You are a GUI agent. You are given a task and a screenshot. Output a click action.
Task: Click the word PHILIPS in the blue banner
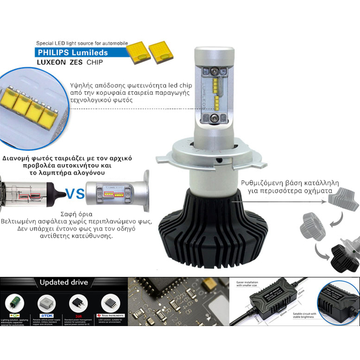point(53,53)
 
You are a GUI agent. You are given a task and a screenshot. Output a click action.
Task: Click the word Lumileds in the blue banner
point(88,53)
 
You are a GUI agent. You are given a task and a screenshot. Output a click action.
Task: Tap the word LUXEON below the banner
point(51,63)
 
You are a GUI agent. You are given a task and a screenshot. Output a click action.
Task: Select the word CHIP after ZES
point(94,63)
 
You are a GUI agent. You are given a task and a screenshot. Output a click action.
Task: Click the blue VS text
point(74,193)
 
